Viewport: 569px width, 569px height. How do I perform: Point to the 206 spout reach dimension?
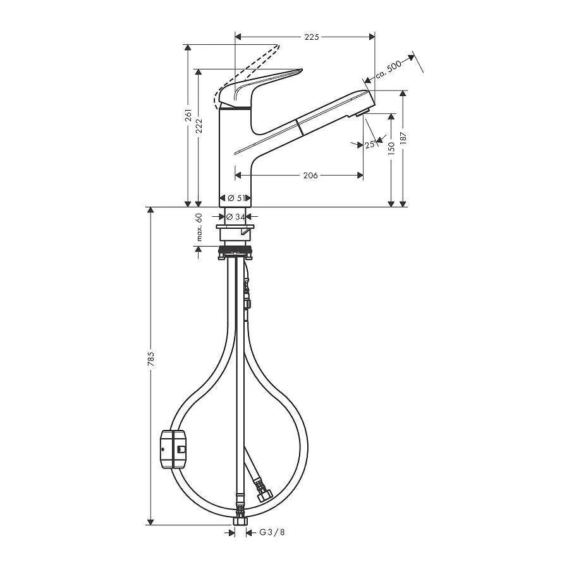[x=310, y=175]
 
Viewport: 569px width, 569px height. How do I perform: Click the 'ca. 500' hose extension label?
[x=388, y=69]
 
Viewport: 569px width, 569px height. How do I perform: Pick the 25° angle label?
[x=370, y=145]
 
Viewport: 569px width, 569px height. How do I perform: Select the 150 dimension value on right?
[x=392, y=149]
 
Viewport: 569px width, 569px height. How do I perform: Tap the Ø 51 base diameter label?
[x=236, y=198]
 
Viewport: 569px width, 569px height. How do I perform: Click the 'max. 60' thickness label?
[x=199, y=227]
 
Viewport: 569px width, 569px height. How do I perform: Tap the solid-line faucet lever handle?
[x=266, y=82]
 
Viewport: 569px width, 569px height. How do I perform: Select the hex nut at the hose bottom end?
[x=239, y=523]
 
